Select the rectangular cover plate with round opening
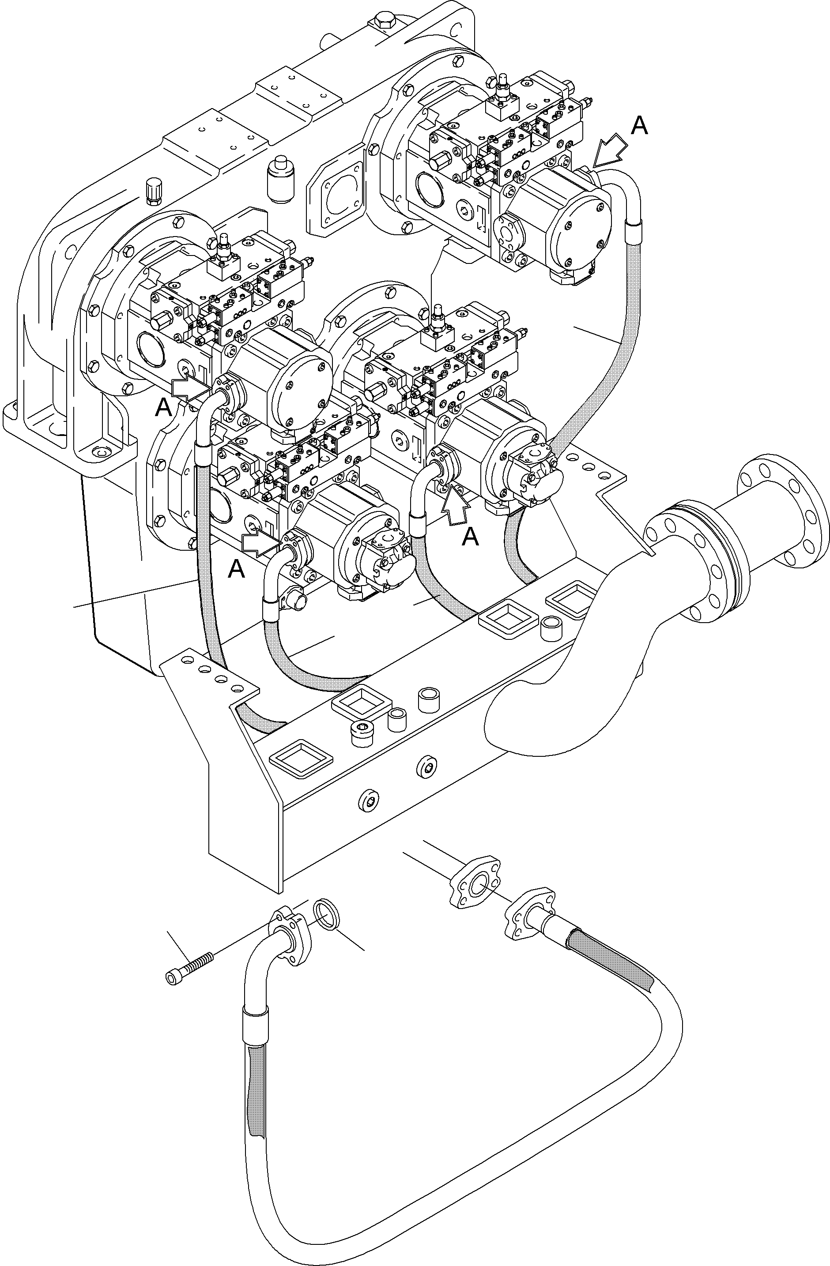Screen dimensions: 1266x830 pos(336,199)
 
